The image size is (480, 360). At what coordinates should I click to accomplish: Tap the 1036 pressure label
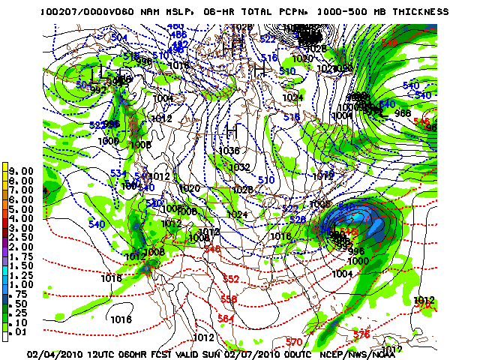click(229, 150)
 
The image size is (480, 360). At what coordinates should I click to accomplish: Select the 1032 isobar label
click(239, 166)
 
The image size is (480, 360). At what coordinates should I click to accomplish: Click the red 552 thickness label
click(230, 279)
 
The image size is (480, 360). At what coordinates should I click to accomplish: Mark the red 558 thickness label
click(229, 299)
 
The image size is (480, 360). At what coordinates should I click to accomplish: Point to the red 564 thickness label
click(226, 319)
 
